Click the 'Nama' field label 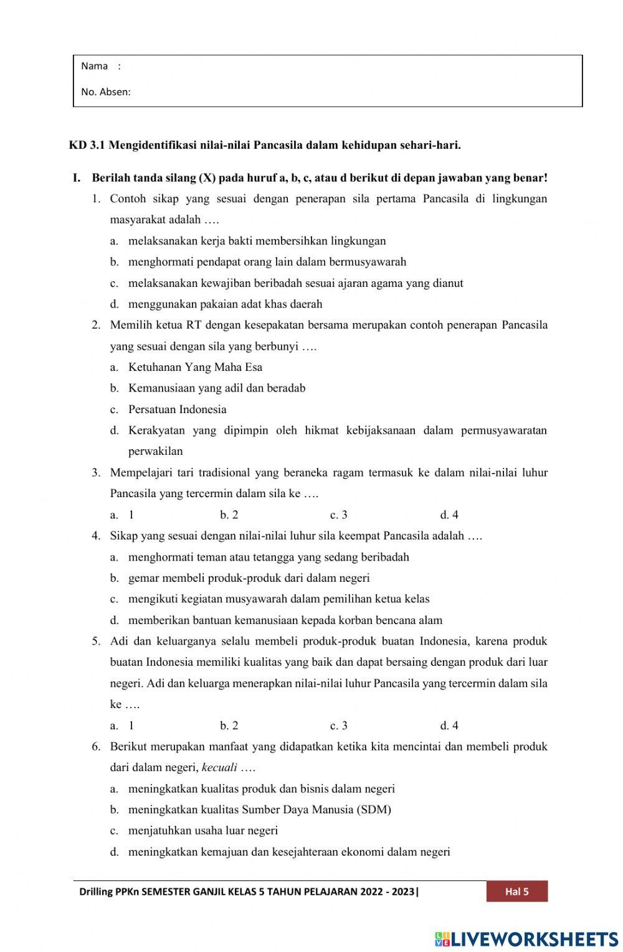94,66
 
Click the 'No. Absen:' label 105,92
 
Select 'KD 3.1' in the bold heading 87,146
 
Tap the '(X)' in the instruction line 207,178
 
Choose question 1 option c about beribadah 295,283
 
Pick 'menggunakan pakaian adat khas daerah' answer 225,304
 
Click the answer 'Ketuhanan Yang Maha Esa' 195,367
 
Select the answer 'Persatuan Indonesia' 177,409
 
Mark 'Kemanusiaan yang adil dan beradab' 216,388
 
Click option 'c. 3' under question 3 338,515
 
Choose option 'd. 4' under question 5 449,726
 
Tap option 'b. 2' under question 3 229,515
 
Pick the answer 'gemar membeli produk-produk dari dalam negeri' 249,578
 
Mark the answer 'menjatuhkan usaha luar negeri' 202,831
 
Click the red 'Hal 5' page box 516,892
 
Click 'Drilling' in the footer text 96,892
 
